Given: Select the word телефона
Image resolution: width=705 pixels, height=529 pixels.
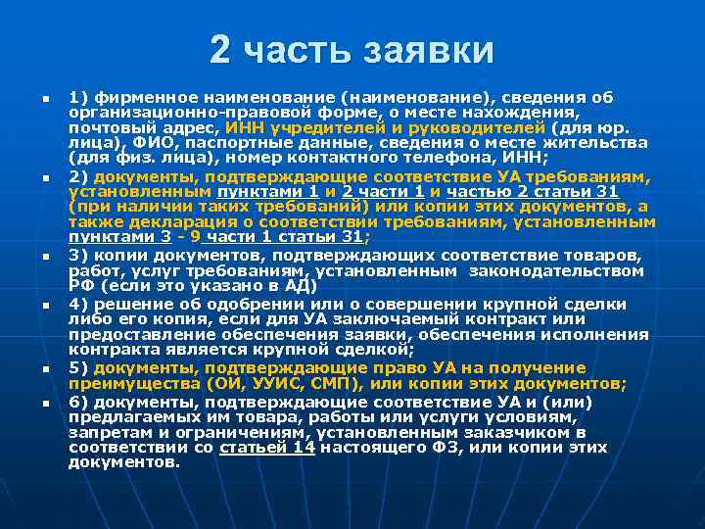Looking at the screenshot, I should [x=433, y=158].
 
